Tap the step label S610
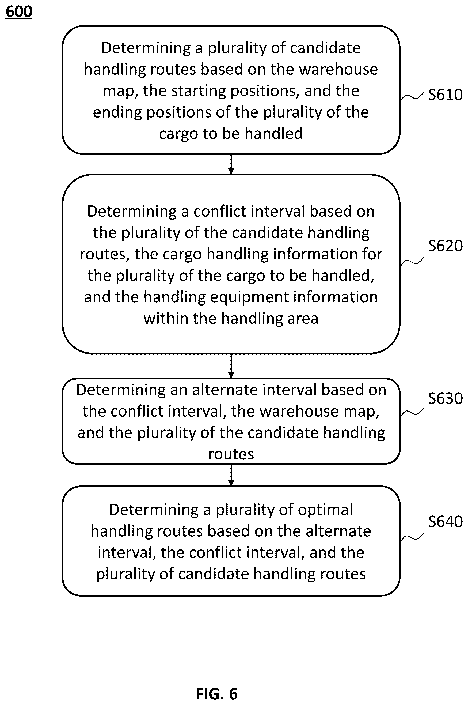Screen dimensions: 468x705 [x=445, y=95]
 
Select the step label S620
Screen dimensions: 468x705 [x=445, y=246]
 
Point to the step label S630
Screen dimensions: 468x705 [x=445, y=398]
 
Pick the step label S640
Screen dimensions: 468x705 [x=445, y=522]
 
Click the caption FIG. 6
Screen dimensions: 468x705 [x=217, y=694]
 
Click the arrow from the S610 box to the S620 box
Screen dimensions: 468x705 [x=231, y=164]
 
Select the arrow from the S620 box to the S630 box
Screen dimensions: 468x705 [x=231, y=366]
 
